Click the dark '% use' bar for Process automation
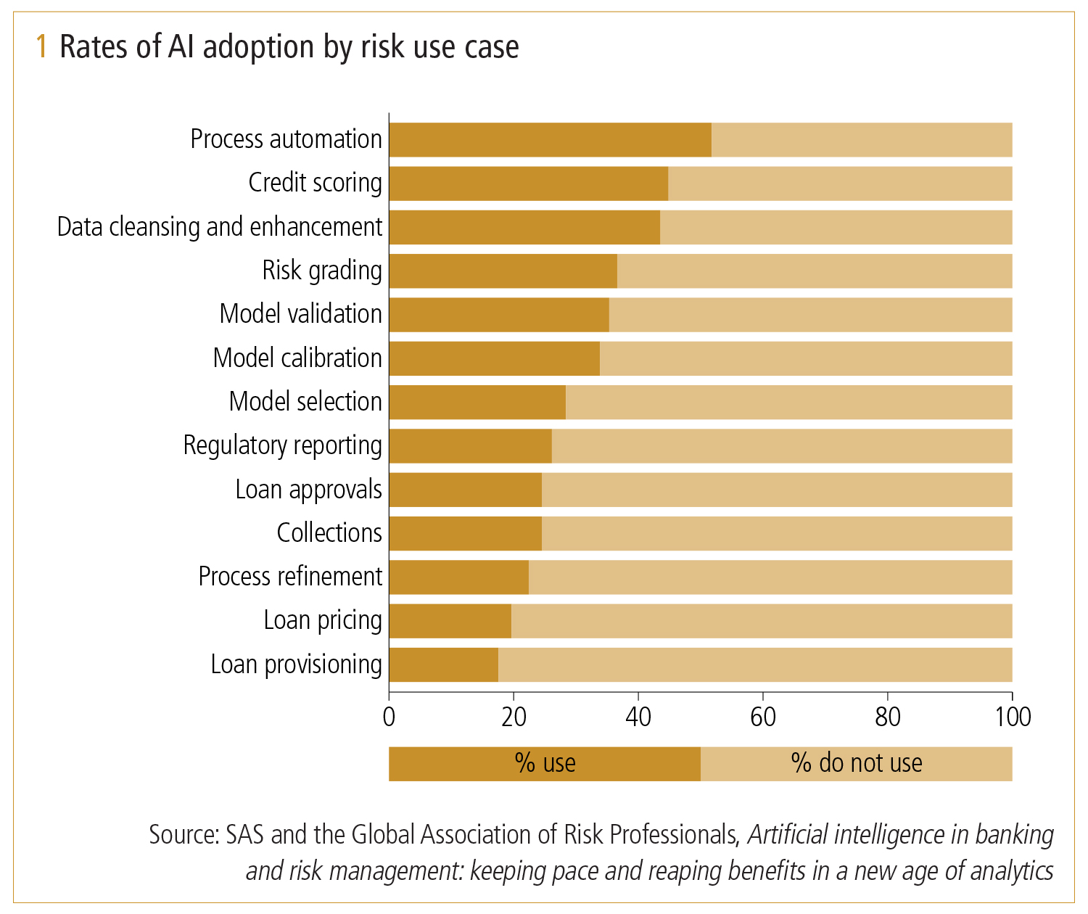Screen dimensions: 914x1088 [550, 140]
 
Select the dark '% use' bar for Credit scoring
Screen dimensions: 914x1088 [528, 184]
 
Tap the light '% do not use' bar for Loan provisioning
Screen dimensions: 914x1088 [754, 664]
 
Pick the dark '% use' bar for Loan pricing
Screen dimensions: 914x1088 [450, 621]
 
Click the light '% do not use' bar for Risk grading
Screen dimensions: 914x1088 [814, 271]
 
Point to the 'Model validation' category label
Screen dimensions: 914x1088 [300, 314]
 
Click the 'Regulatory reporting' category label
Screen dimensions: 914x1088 [282, 445]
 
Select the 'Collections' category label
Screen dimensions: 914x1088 [329, 533]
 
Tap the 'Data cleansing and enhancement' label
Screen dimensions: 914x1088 [219, 227]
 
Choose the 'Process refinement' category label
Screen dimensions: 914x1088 [290, 577]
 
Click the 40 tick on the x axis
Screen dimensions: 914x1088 [638, 717]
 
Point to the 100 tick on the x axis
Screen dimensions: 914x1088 [1013, 717]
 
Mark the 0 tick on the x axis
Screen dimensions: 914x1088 [390, 717]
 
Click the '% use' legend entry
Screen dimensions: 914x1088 [545, 763]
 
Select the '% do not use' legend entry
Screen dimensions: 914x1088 [857, 763]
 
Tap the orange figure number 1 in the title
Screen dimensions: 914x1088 [42, 47]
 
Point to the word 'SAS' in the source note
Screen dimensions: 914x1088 [245, 835]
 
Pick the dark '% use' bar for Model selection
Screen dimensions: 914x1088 [477, 403]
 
